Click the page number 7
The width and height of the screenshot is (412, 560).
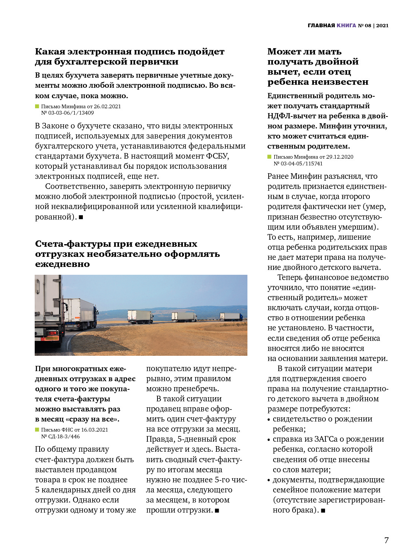coord(386,540)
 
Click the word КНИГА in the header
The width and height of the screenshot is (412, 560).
coord(346,25)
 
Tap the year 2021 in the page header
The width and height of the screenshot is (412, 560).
coord(382,25)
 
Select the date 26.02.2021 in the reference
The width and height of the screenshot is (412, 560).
coord(107,106)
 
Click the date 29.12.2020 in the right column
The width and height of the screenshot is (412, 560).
coord(340,157)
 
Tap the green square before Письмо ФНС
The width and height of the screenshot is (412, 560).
coord(37,430)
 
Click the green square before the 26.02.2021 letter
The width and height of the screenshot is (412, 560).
coord(37,106)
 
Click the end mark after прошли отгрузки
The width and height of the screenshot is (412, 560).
coord(217,510)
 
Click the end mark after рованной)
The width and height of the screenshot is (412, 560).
coord(81,217)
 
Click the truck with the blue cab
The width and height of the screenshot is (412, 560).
coord(231,317)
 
